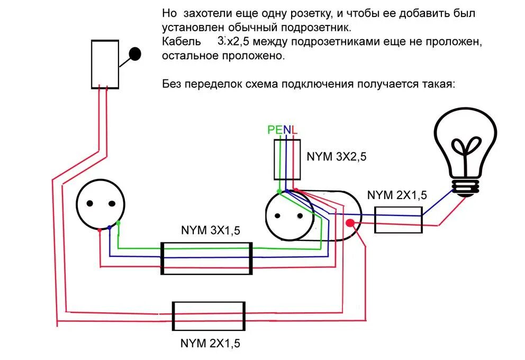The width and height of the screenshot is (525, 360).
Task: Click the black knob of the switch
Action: point(135,54)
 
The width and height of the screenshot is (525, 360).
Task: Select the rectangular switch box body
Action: point(105,64)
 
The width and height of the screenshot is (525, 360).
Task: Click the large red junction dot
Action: point(349,223)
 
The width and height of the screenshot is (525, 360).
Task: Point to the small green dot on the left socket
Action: point(119,223)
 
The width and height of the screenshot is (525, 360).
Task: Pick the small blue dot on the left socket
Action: point(109,228)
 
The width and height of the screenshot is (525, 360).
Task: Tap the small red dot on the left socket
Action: point(100,230)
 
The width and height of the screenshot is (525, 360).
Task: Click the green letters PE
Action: point(275,130)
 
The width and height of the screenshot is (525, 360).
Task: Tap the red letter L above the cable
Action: point(295,130)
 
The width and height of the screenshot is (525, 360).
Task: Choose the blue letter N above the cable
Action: point(287,130)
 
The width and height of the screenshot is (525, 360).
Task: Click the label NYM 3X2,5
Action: point(336,157)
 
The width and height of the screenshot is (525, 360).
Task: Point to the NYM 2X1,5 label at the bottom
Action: point(211,343)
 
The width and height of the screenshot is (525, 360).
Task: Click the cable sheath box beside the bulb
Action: point(398,220)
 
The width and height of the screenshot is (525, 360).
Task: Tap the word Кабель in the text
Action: point(182,41)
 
